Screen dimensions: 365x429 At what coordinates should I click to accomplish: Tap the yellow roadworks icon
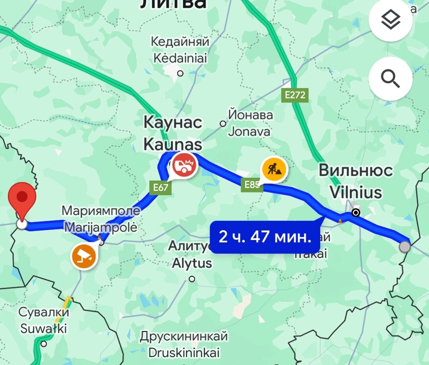[x=274, y=169]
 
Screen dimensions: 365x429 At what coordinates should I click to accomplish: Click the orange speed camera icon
[x=84, y=257]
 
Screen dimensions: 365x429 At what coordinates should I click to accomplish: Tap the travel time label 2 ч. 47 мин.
[x=265, y=237]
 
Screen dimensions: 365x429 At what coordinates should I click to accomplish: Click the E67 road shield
[x=161, y=187]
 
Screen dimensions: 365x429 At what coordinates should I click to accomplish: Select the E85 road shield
[x=252, y=184]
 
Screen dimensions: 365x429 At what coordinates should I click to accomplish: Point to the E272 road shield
[x=295, y=95]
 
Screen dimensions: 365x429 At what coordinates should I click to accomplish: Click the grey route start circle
[x=405, y=247]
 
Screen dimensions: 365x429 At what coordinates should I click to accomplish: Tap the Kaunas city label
[x=173, y=133]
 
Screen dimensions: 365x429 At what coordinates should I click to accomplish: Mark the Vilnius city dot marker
[x=356, y=213]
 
